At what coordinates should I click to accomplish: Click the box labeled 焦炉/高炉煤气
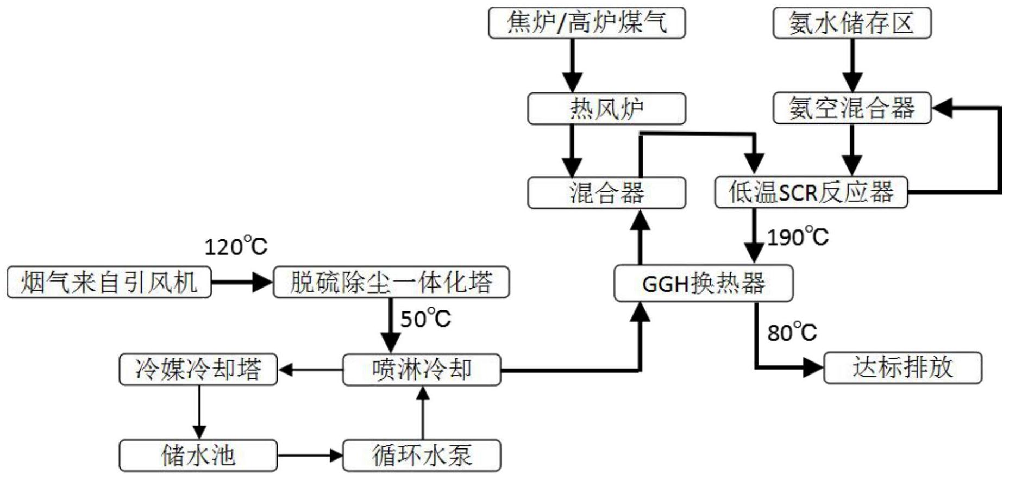(586, 23)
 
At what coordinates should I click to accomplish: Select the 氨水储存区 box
(851, 23)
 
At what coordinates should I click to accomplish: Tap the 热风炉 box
(606, 109)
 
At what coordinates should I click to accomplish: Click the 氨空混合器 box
(851, 108)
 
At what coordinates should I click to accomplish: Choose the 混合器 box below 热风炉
(606, 193)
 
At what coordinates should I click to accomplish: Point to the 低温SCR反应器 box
(811, 192)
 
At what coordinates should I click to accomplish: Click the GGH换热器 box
(703, 283)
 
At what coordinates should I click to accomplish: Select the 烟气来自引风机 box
(109, 282)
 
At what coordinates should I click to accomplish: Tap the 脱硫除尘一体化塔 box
(391, 282)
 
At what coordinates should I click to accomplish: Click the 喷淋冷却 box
(422, 370)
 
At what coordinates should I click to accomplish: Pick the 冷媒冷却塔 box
(198, 370)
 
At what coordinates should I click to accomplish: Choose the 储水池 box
(198, 456)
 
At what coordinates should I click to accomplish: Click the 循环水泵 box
(422, 456)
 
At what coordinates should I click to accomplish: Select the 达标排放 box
(903, 368)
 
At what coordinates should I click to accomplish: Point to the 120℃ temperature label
(236, 247)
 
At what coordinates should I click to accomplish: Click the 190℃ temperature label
(797, 237)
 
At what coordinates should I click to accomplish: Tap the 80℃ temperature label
(792, 332)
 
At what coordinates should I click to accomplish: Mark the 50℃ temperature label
(425, 319)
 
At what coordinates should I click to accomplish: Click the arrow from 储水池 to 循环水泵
(310, 456)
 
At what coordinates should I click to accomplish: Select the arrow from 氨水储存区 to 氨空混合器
(851, 65)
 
